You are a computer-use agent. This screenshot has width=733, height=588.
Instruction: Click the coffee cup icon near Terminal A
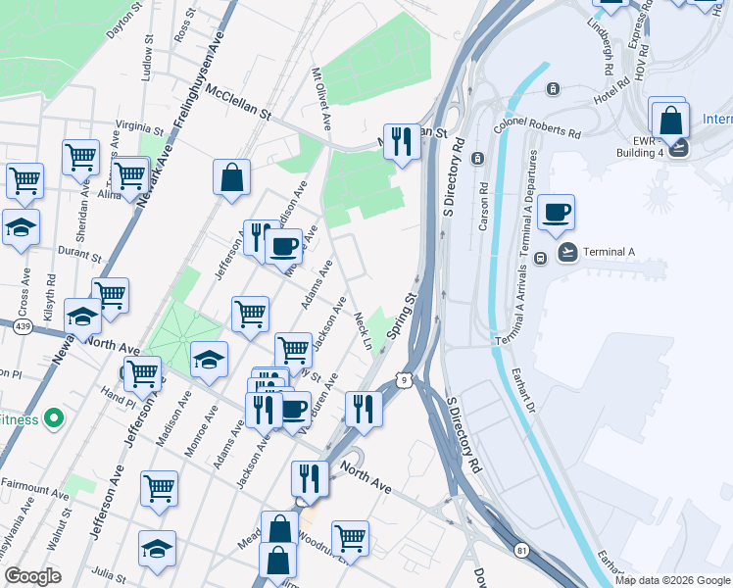556,213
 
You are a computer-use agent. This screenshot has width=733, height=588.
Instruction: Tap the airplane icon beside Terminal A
567,252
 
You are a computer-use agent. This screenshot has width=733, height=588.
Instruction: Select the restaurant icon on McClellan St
402,142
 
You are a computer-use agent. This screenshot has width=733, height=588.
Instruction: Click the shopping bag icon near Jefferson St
231,178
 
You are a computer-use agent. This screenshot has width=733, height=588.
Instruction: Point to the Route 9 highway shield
402,378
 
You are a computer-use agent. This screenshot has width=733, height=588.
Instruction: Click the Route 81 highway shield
520,552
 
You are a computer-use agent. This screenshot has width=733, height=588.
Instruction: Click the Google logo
32,576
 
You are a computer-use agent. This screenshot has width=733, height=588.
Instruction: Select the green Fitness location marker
54,420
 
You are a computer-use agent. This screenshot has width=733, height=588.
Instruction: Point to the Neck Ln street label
363,330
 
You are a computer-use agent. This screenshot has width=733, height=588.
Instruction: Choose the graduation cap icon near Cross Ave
21,228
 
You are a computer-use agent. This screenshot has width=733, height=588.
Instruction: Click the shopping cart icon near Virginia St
80,156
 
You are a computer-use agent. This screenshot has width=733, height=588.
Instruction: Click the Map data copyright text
671,579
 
